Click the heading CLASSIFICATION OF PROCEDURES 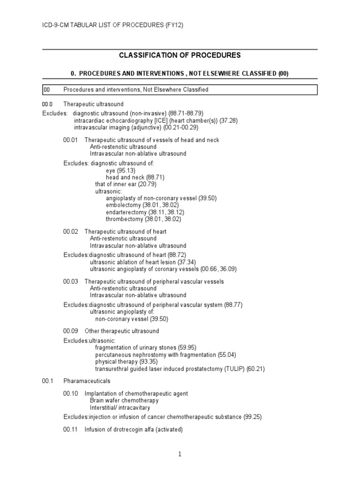click(180, 55)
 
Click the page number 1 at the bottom click(180, 454)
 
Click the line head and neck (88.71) click(135, 178)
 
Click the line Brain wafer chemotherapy click(124, 401)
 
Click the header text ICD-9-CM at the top click(56, 25)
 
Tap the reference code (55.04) click(227, 355)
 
